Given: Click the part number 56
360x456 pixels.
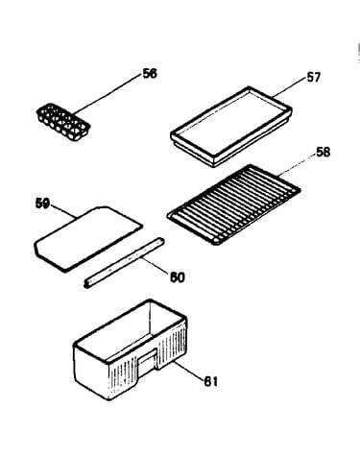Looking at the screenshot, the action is [x=150, y=74].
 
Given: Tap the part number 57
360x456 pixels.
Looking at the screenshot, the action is [x=313, y=78].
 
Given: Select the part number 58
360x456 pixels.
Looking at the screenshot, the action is [x=323, y=152].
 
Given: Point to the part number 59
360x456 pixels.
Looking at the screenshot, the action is [x=42, y=204].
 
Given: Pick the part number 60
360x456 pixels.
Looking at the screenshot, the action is [x=178, y=277].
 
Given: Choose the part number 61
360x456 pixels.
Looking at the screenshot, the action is [x=211, y=381].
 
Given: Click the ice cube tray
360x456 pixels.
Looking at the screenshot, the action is [x=63, y=122].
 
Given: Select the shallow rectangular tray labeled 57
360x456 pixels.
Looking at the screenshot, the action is [x=231, y=127].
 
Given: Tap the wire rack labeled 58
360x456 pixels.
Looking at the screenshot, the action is [x=233, y=204].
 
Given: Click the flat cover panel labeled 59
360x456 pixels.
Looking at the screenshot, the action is [x=88, y=239].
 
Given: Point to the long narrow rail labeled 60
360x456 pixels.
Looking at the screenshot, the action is [x=124, y=262].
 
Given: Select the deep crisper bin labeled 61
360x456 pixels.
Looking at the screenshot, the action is [x=131, y=349].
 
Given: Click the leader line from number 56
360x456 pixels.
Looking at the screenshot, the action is [x=108, y=94].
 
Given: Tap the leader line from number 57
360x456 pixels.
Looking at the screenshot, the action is [x=289, y=87].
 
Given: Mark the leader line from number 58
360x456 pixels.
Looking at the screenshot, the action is [x=297, y=165].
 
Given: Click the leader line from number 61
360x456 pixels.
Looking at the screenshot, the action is [x=189, y=371].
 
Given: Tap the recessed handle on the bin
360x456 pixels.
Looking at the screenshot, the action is [x=147, y=362].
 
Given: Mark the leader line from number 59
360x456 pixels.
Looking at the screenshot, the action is [x=63, y=211].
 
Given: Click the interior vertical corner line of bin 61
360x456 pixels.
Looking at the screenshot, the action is [x=150, y=319].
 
